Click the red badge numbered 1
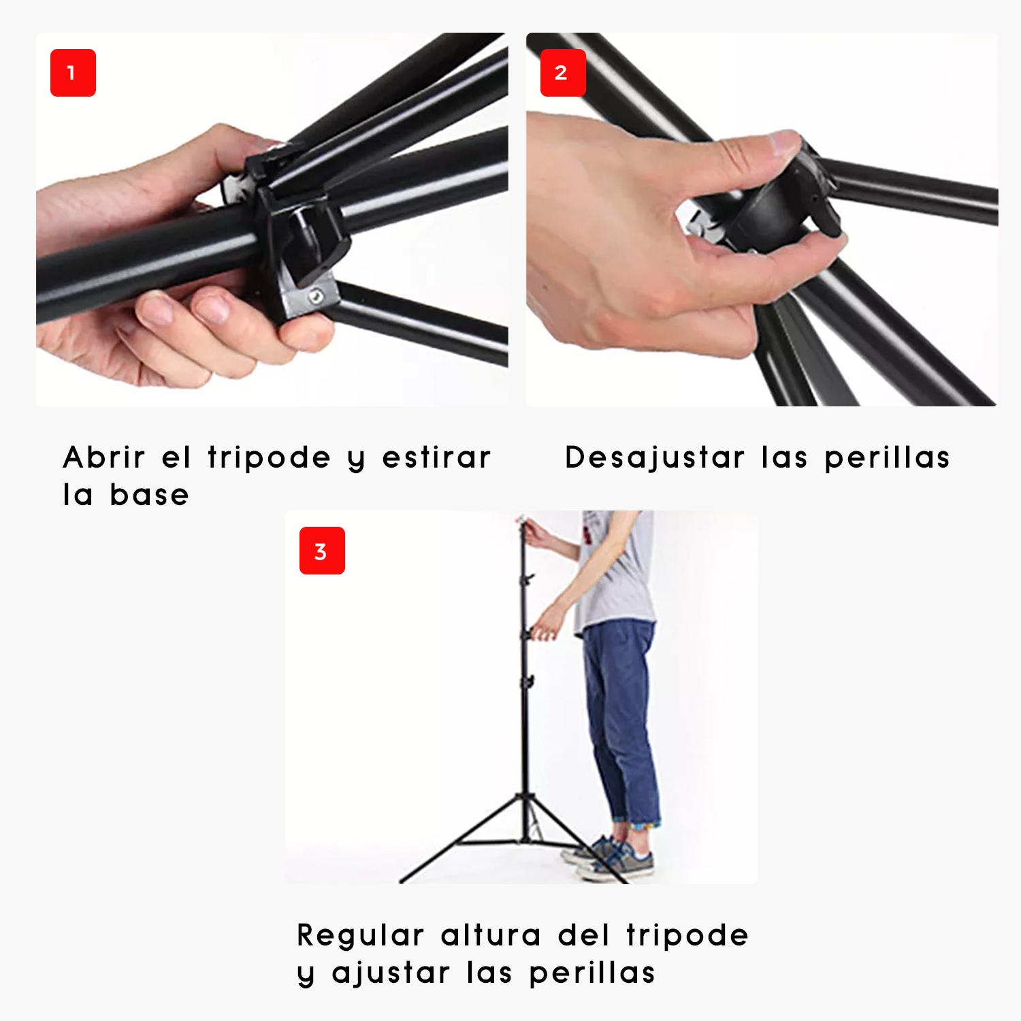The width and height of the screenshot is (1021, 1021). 73,73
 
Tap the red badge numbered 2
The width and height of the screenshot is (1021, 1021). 562,73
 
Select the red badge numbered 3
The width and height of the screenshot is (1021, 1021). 322,551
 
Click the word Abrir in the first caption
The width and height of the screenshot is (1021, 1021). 104,457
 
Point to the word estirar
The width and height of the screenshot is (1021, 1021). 436,457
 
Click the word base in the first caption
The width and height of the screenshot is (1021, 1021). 150,495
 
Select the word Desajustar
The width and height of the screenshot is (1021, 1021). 655,457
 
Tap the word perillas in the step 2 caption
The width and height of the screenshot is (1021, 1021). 887,457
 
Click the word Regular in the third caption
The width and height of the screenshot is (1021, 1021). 361,935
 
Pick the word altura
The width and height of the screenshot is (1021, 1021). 491,935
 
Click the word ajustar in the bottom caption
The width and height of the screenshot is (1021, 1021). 391,973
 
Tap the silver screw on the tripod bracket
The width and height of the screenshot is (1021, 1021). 315,296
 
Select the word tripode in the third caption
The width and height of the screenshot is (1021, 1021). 687,935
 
